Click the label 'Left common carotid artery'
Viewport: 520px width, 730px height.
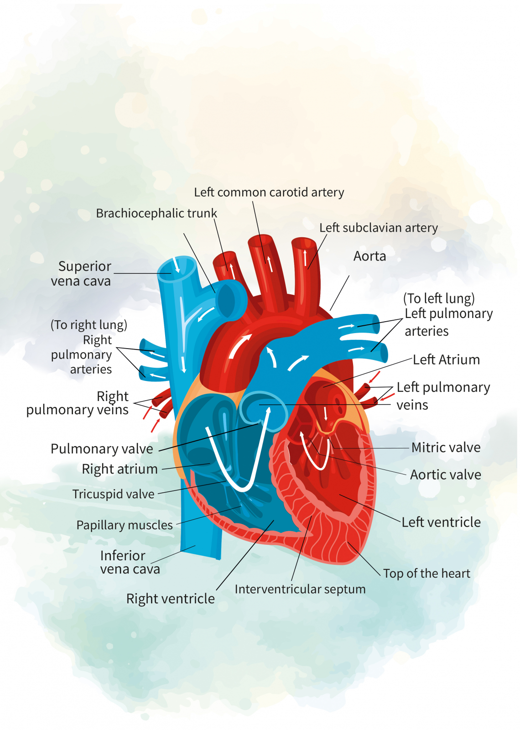click(x=269, y=193)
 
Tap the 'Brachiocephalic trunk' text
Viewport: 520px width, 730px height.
click(x=156, y=214)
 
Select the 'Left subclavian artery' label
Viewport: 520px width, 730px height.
click(x=378, y=228)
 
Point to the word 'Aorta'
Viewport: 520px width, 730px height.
click(x=369, y=256)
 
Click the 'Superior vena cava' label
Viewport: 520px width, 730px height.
click(x=82, y=274)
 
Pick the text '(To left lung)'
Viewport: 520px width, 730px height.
click(x=439, y=298)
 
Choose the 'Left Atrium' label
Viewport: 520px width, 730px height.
click(x=446, y=360)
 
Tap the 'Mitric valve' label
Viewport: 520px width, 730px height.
click(x=446, y=448)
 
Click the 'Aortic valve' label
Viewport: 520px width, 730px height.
click(x=445, y=475)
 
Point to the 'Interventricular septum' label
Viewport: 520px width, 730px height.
click(x=300, y=589)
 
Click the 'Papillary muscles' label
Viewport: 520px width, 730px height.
click(x=125, y=525)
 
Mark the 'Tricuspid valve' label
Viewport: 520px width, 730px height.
click(x=114, y=494)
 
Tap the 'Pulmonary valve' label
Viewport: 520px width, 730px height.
click(x=102, y=449)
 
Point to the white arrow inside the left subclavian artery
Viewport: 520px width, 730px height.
click(x=305, y=258)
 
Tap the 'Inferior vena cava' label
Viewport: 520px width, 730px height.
click(x=130, y=562)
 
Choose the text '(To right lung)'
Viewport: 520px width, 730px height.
click(x=88, y=325)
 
